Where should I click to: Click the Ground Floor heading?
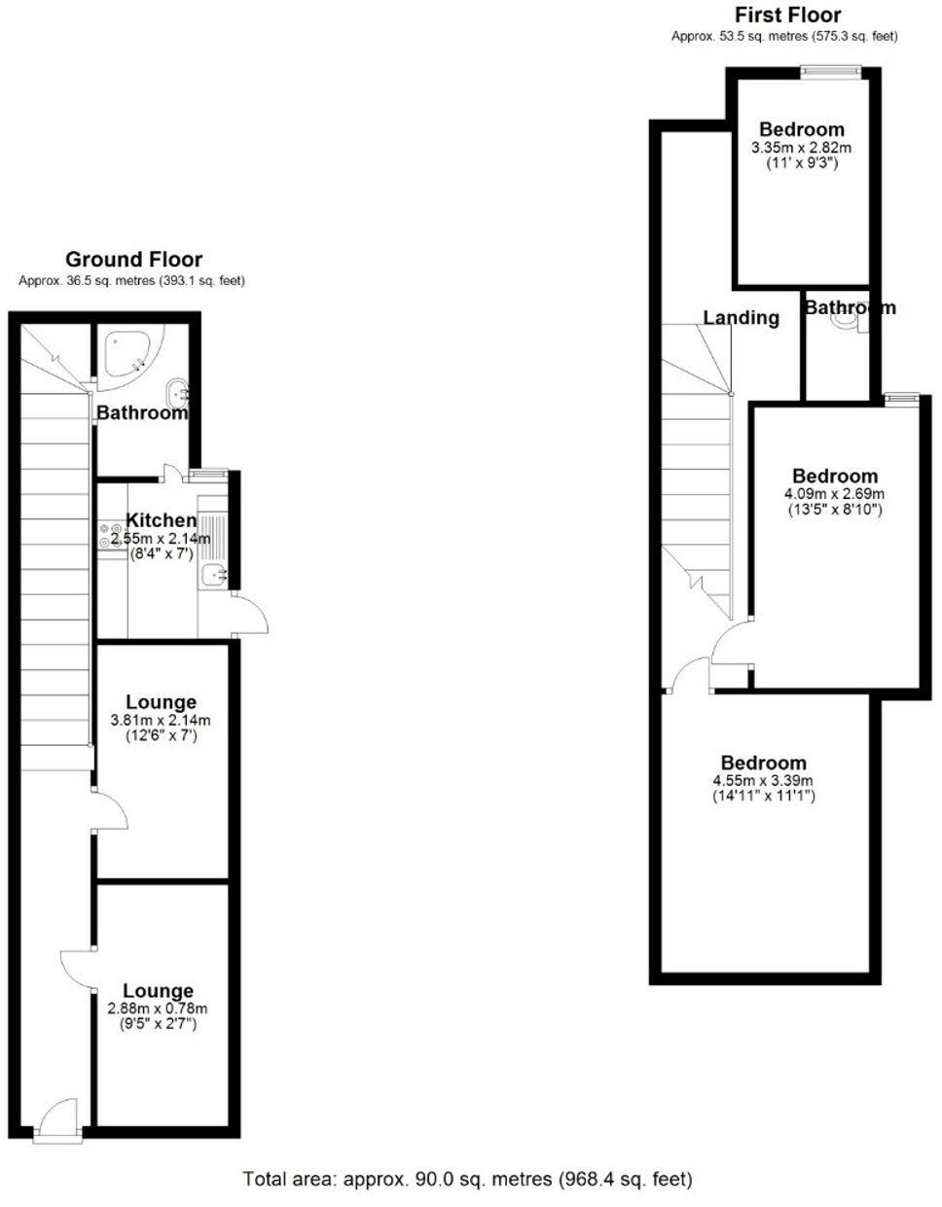(x=133, y=260)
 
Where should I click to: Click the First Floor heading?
(x=787, y=15)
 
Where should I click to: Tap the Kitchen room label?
(x=161, y=520)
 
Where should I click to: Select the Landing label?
(x=741, y=317)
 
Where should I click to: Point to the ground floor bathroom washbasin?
(x=177, y=394)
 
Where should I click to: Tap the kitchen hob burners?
(x=107, y=536)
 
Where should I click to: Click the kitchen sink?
(x=212, y=577)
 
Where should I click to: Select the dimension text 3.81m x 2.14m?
(x=161, y=721)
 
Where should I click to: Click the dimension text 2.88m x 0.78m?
(x=158, y=1009)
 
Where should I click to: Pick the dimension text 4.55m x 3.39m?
(x=763, y=780)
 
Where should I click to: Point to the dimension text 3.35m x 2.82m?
(x=801, y=148)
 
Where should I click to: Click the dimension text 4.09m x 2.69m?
(x=834, y=493)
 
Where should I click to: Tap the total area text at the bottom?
(x=467, y=1180)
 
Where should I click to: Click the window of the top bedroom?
(x=830, y=69)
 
